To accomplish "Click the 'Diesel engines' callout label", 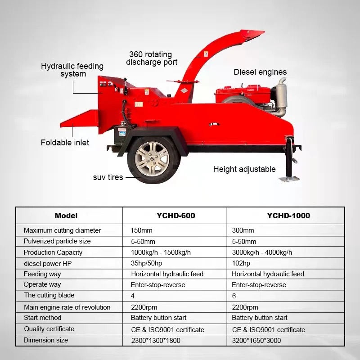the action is coord(260,72).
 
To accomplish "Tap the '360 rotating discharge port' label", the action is coord(151,58).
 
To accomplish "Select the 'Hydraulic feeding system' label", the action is coord(72,70).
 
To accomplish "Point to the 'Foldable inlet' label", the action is coord(65,143).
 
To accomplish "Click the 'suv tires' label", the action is coord(108,177).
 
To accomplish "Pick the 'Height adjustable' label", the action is coord(244,169).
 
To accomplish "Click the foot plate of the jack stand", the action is coord(289,179).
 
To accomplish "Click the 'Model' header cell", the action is coord(66,216).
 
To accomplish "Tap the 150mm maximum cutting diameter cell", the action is coord(141,230).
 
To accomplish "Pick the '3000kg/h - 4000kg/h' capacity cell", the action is coord(262,252).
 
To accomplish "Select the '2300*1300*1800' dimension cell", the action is coord(155,340).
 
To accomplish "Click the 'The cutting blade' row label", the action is coord(49,295).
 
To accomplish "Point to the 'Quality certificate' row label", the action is coord(49,329).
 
